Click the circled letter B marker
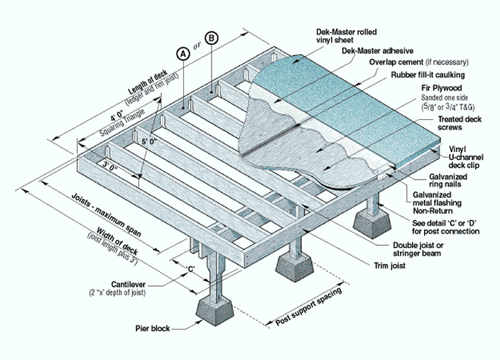click(x=212, y=38)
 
